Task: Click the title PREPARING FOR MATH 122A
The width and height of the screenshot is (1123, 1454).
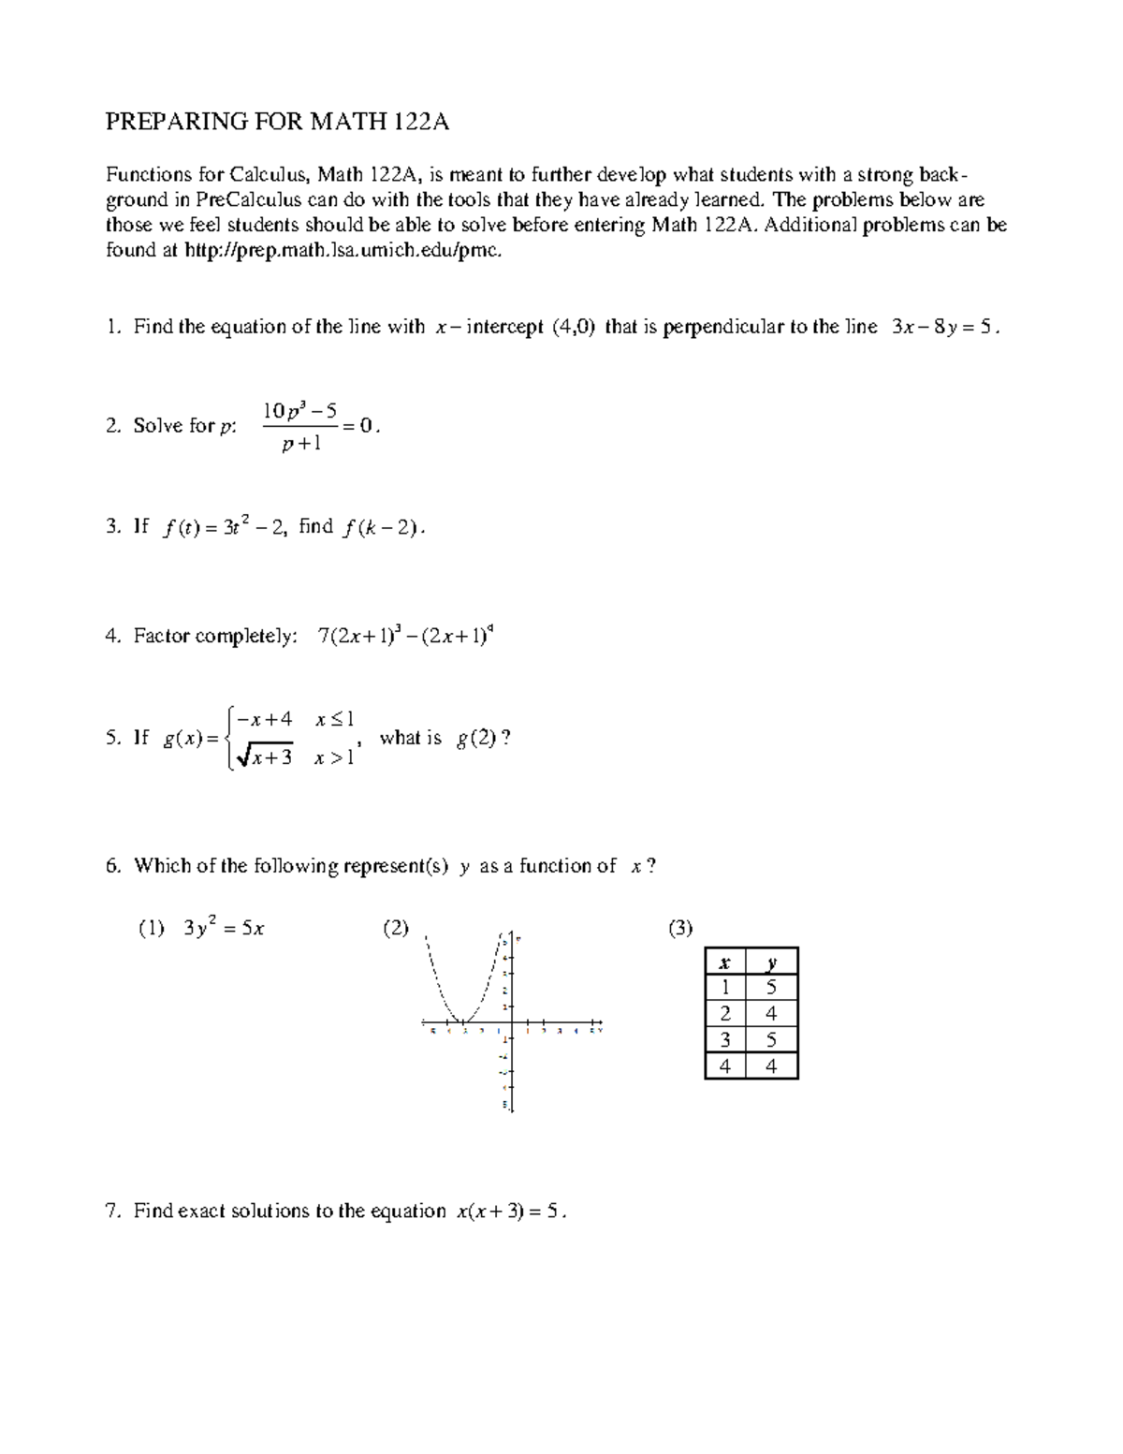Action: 277,122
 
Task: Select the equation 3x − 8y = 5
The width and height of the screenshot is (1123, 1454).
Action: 941,327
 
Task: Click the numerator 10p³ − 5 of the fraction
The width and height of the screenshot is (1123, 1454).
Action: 299,411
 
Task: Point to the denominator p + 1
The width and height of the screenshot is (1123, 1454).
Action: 301,444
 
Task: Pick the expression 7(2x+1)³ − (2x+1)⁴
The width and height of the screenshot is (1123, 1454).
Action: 405,636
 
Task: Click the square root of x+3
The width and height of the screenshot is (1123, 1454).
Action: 265,757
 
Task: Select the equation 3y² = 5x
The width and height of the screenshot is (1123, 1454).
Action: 225,929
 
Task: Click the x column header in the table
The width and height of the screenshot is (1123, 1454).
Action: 724,962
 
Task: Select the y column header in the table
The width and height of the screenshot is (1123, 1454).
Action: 771,962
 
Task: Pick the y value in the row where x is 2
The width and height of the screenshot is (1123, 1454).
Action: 771,1014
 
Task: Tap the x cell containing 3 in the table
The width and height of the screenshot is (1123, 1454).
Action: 724,1040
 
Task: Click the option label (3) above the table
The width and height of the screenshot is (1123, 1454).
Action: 679,929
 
